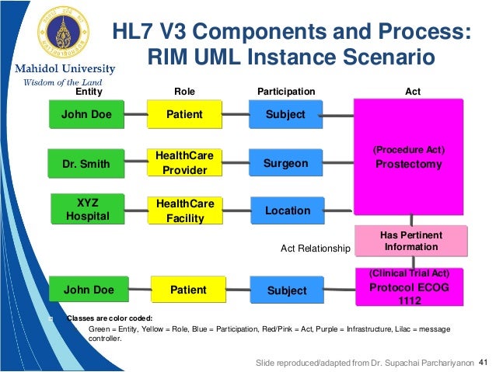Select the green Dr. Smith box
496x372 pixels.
click(x=86, y=164)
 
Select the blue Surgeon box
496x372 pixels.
click(x=286, y=164)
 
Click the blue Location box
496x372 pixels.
click(x=287, y=210)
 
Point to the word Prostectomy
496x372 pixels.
click(x=408, y=165)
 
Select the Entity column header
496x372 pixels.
click(x=88, y=92)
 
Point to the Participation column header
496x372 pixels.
click(x=285, y=92)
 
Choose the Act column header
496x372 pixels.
click(x=413, y=92)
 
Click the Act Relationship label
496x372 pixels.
click(x=316, y=249)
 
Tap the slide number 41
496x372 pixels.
click(x=483, y=363)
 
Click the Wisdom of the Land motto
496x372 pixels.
click(x=60, y=81)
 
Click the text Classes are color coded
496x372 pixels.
click(x=109, y=318)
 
